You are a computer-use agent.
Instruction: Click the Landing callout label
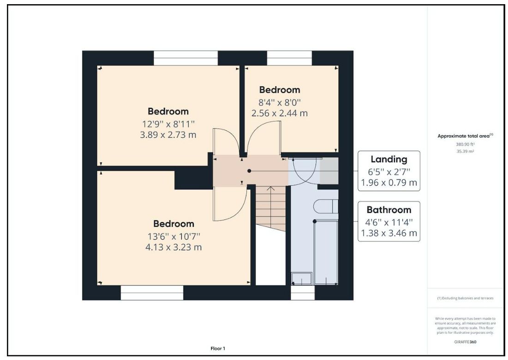(389, 159)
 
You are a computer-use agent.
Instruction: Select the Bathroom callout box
(389, 221)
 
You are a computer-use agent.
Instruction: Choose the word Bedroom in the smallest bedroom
(280, 90)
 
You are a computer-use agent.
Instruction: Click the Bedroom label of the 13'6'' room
(173, 224)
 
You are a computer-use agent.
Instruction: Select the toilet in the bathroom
(326, 207)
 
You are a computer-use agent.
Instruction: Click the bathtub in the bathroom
(326, 251)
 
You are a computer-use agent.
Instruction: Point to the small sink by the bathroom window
(302, 278)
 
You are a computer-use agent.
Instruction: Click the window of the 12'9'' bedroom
(185, 58)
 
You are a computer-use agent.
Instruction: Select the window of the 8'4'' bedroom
(289, 58)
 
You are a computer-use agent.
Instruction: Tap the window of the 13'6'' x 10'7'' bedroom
(152, 292)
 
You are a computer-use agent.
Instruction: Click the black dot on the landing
(249, 171)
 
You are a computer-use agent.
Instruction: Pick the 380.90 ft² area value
(466, 144)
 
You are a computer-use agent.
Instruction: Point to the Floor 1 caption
(218, 348)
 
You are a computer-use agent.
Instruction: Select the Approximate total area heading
(466, 136)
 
